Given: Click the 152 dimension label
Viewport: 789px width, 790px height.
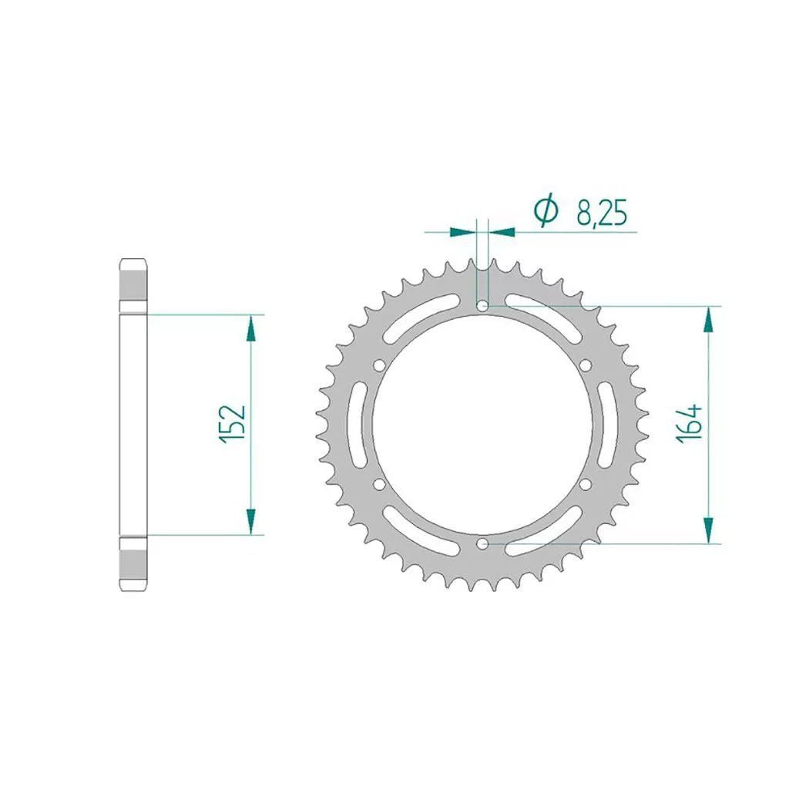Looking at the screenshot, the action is [232, 423].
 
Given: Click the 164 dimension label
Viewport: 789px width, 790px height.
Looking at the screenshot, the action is [690, 423].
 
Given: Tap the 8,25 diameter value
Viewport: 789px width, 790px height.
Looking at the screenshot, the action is [602, 214].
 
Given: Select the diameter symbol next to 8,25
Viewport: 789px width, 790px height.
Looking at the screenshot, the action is [546, 210].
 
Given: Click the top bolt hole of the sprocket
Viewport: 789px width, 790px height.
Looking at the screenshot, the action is [482, 305].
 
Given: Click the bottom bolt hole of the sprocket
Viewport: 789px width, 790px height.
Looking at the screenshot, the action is [482, 543].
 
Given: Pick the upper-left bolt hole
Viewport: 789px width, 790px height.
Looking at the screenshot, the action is [379, 365].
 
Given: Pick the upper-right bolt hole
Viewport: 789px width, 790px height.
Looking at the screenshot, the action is [586, 365].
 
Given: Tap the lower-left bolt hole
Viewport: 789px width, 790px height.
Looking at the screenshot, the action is [379, 484].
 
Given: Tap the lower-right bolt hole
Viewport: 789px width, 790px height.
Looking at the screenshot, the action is [586, 484].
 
